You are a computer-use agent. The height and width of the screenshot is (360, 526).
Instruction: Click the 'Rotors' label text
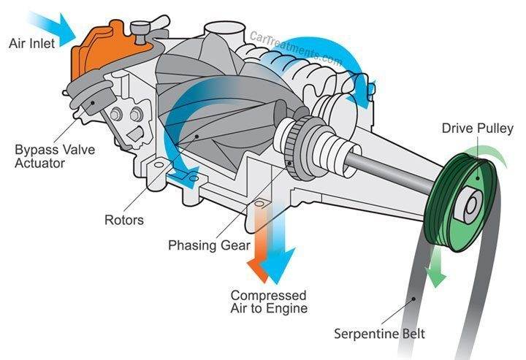click(123, 219)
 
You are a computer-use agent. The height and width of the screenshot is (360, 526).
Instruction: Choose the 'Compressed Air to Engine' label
click(269, 302)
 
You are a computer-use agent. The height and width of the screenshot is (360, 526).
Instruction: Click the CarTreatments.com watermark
click(296, 48)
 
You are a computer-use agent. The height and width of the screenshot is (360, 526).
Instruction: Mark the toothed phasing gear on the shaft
click(294, 142)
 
